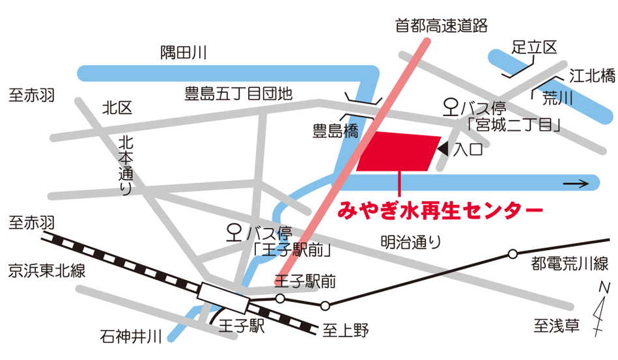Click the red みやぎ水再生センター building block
click(x=399, y=152)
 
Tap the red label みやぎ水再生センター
click(x=440, y=211)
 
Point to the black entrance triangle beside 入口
click(x=443, y=150)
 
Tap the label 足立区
click(x=535, y=47)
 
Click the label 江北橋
click(x=592, y=76)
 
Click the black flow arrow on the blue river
click(x=576, y=184)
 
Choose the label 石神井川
click(x=131, y=337)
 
